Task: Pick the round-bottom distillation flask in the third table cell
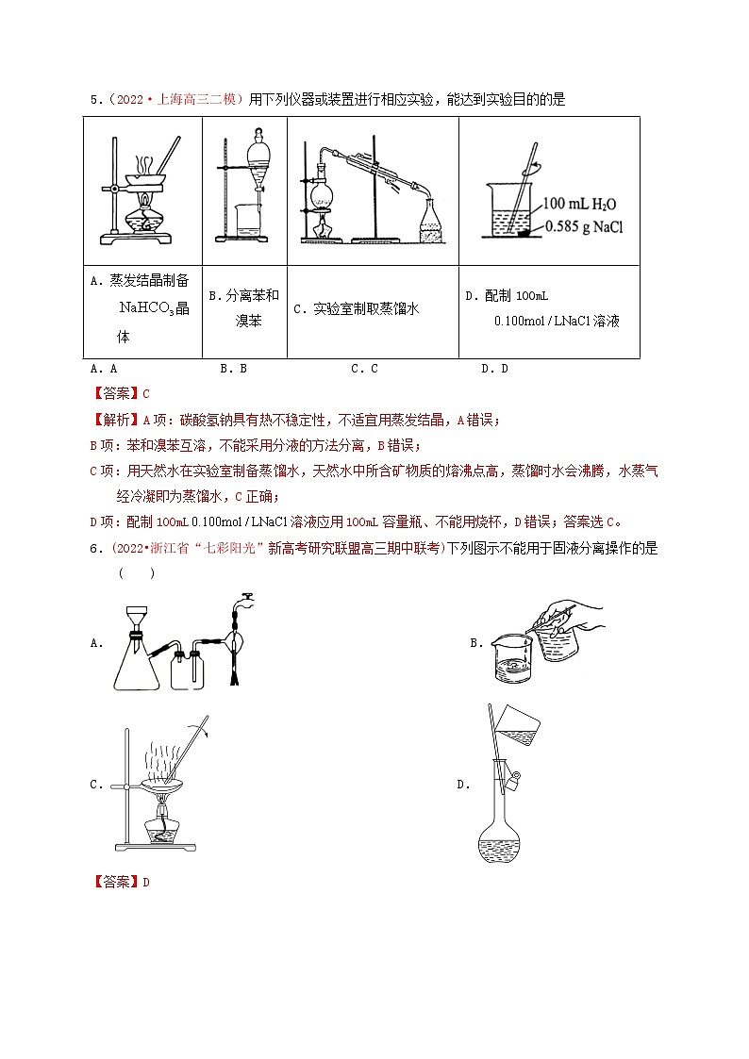[322, 192]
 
